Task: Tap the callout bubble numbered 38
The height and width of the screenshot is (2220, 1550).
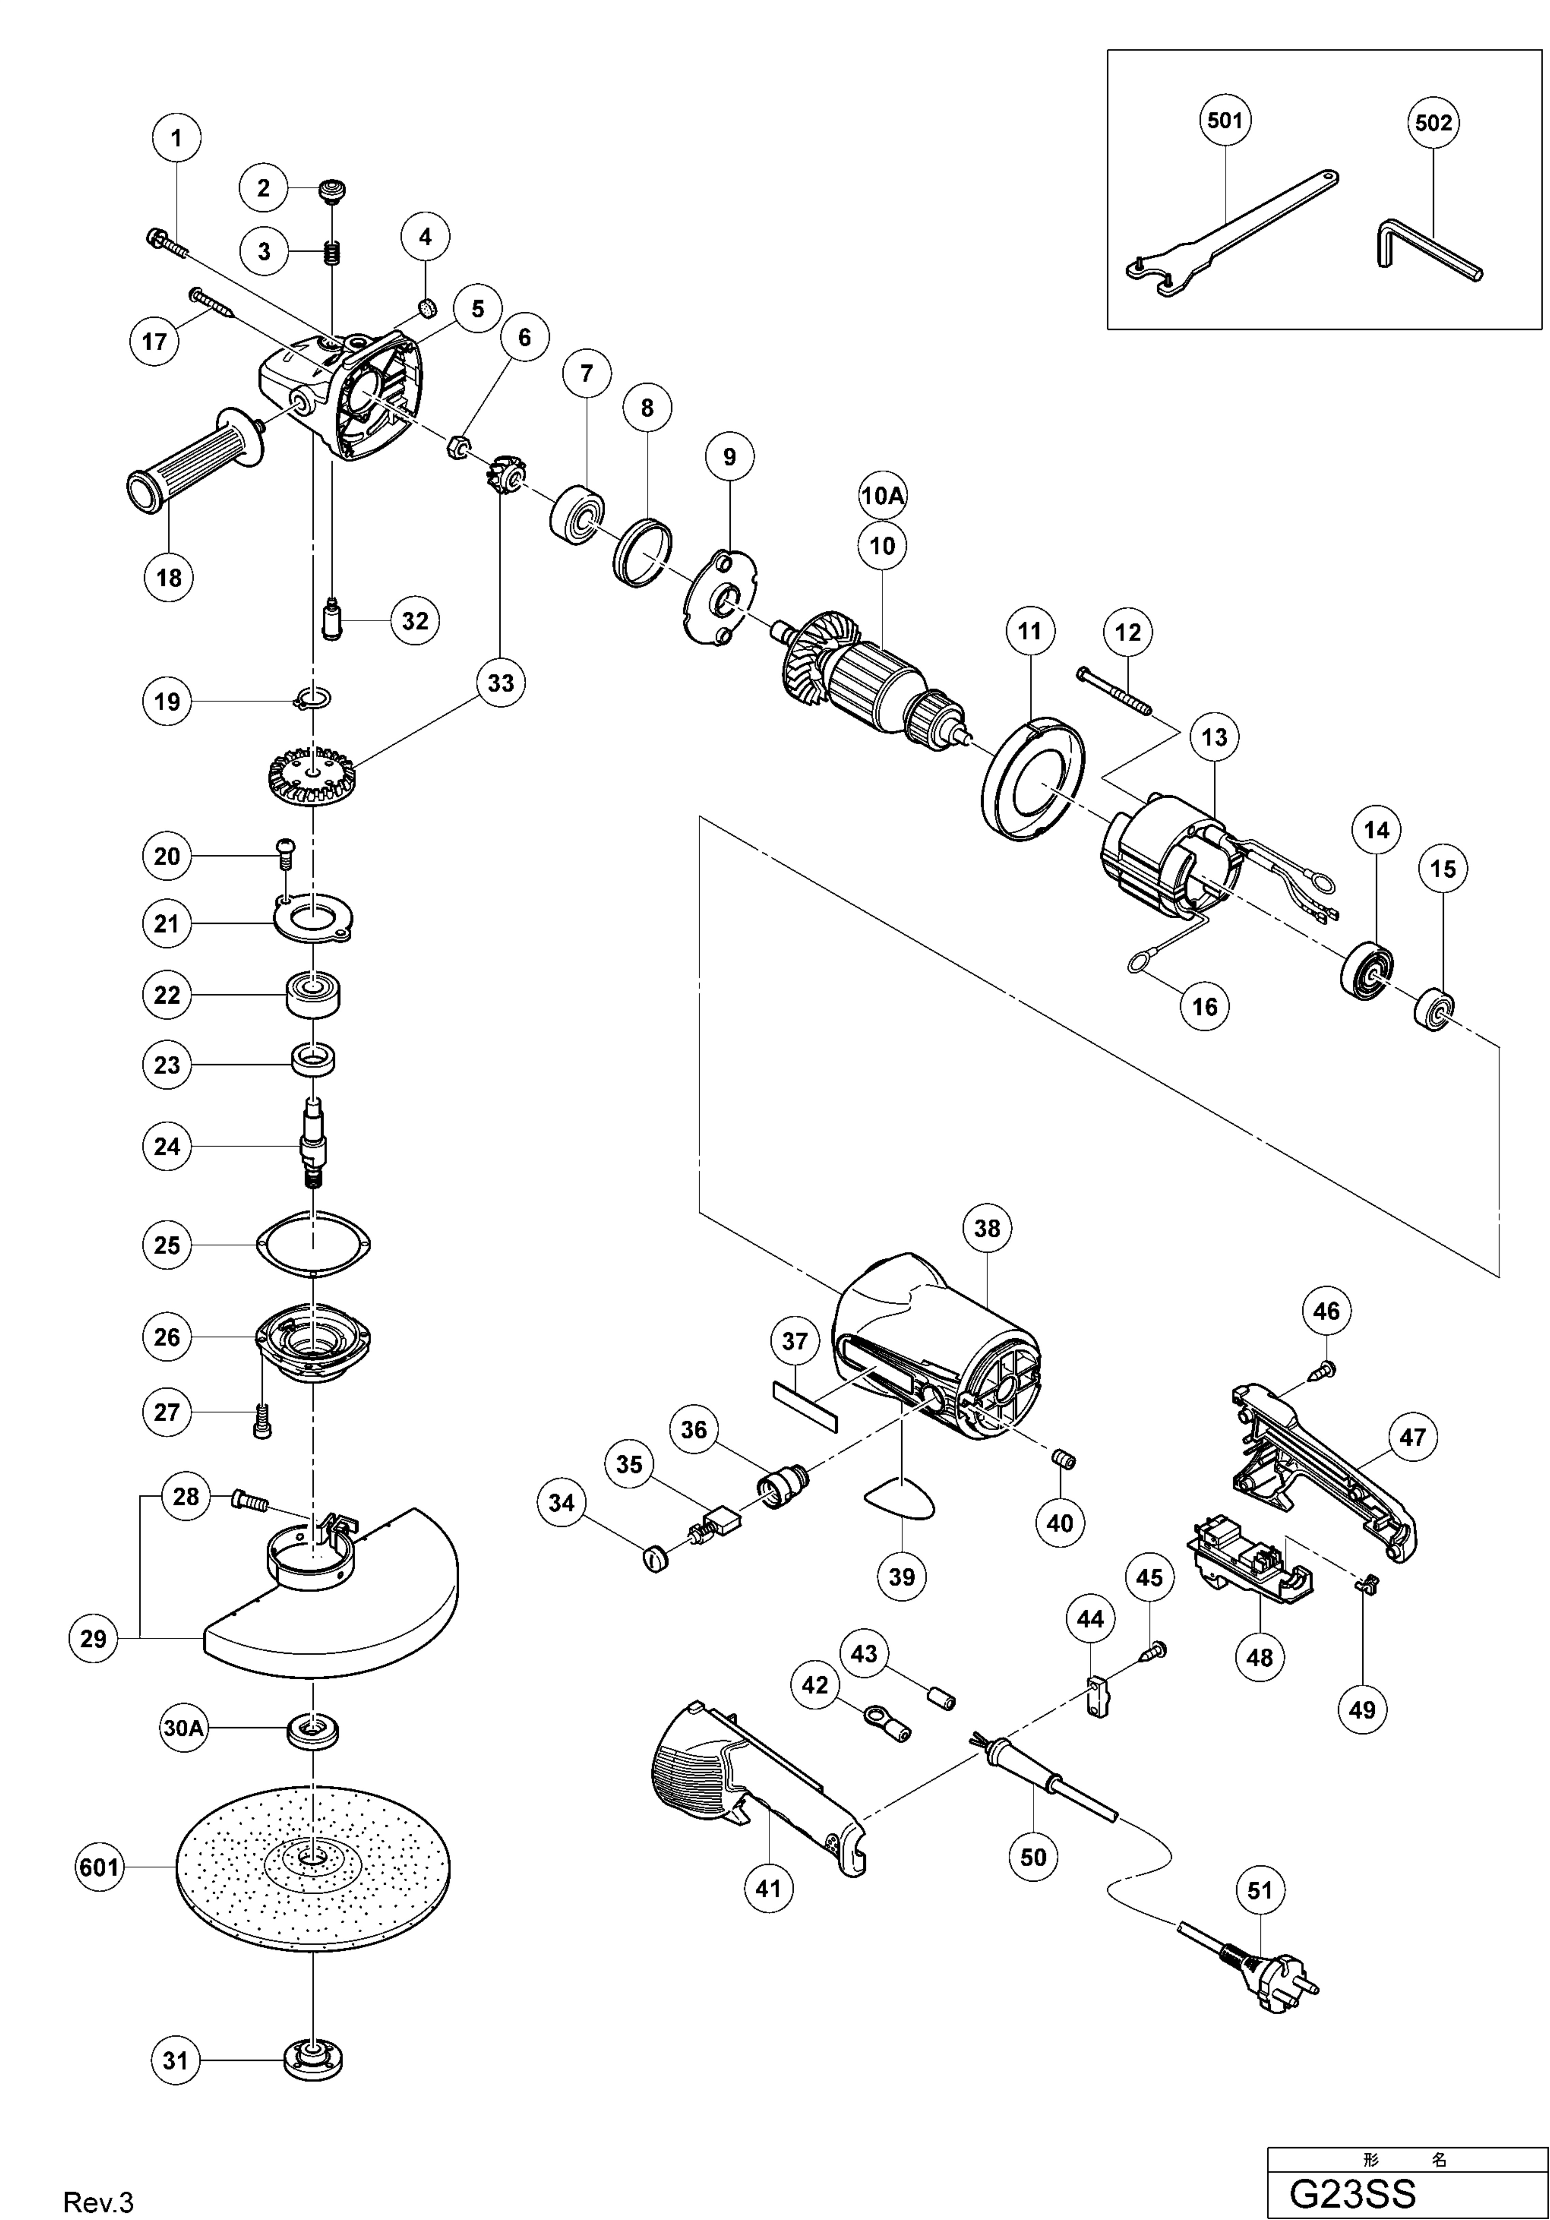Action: tap(986, 1228)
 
